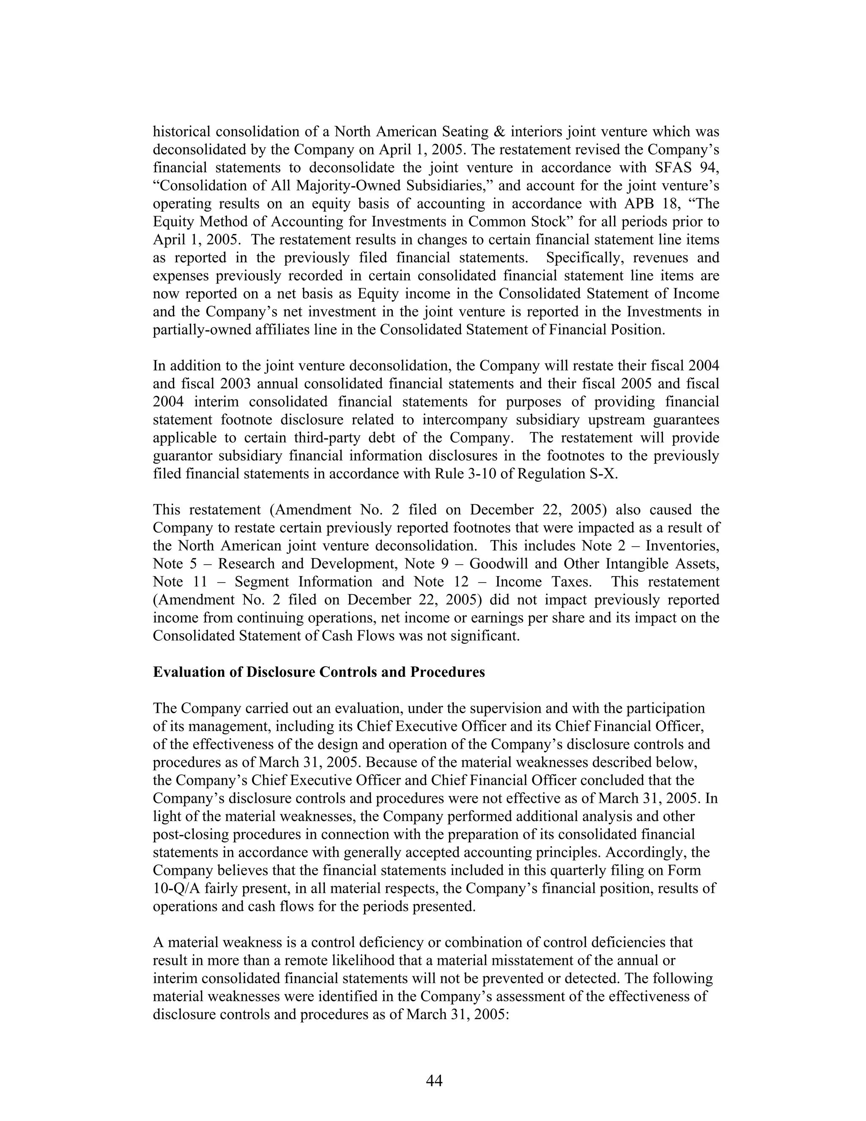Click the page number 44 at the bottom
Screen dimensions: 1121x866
pyautogui.click(x=433, y=1080)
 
